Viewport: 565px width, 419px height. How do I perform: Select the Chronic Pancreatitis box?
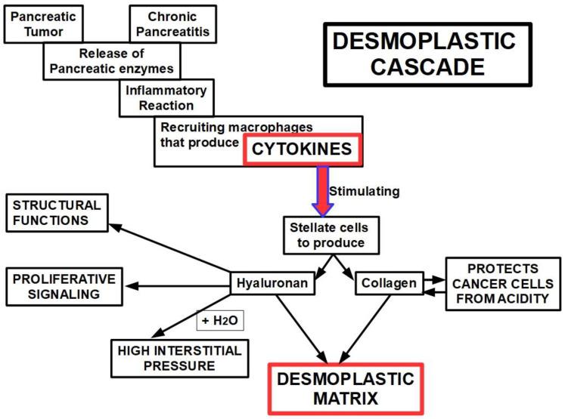(172, 23)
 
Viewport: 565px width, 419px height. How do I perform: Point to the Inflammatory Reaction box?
(167, 97)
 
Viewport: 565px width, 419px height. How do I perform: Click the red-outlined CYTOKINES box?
(303, 149)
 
